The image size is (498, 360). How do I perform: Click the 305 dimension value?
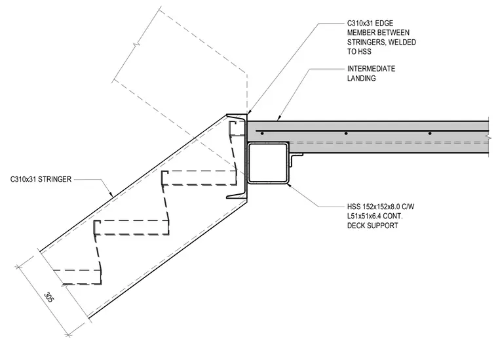[48, 297]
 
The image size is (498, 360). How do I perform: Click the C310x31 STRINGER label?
[41, 180]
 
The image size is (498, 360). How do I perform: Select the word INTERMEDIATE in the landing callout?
[371, 69]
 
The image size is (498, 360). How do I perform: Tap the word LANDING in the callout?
[362, 79]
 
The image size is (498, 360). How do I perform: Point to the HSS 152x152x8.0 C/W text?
[381, 207]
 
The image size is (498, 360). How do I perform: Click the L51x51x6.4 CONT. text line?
[375, 216]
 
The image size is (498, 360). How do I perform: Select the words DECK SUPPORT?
[373, 226]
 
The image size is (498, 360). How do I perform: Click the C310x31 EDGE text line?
[370, 23]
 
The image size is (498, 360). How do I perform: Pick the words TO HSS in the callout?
[359, 51]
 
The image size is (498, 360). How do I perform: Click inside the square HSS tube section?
[268, 163]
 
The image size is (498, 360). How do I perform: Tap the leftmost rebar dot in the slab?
[262, 134]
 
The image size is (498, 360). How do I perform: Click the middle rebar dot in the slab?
[346, 134]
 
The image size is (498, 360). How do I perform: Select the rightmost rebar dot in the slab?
[430, 134]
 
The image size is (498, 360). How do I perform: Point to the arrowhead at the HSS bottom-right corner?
[289, 185]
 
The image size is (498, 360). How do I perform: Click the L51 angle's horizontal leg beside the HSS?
[297, 155]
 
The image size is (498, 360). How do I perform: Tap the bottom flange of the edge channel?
[237, 197]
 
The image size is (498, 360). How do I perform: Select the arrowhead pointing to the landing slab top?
[279, 119]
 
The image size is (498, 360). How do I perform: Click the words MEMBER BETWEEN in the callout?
[378, 33]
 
